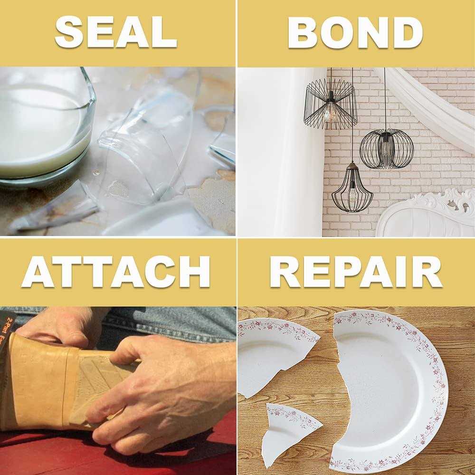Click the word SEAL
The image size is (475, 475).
click(116, 32)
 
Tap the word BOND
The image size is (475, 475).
click(355, 32)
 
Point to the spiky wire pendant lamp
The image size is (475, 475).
click(330, 104)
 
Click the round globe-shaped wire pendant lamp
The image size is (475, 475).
click(386, 149)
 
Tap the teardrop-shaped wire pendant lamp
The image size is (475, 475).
click(352, 188)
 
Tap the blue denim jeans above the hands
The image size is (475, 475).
click(166, 323)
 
